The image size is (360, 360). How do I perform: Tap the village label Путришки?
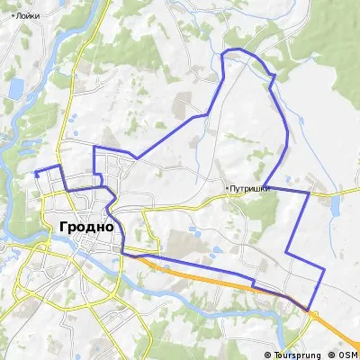tap(250, 188)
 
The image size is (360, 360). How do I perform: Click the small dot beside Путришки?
tap(226, 188)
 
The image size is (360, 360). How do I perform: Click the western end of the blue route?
tap(34, 172)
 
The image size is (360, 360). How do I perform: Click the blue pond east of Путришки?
tap(335, 210)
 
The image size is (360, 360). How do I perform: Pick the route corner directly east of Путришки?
tap(309, 192)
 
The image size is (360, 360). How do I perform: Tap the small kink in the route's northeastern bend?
tap(272, 77)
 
